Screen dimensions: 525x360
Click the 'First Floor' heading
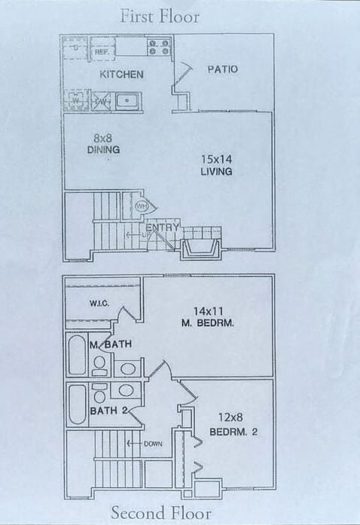click(159, 16)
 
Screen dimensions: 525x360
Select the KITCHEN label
click(121, 75)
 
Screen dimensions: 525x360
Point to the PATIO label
click(222, 69)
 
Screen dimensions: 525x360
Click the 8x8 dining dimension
click(104, 138)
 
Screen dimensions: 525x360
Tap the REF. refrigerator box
click(102, 51)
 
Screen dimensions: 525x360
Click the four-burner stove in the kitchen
click(158, 47)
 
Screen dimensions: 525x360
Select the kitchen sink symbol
click(127, 100)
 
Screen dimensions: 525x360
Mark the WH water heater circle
click(141, 206)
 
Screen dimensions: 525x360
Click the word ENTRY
click(162, 227)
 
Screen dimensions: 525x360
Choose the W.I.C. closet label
click(99, 304)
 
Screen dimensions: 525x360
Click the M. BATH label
click(111, 344)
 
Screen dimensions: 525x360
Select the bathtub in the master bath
click(77, 356)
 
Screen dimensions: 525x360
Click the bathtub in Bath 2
click(77, 405)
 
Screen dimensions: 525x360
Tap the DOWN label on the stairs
click(151, 444)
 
